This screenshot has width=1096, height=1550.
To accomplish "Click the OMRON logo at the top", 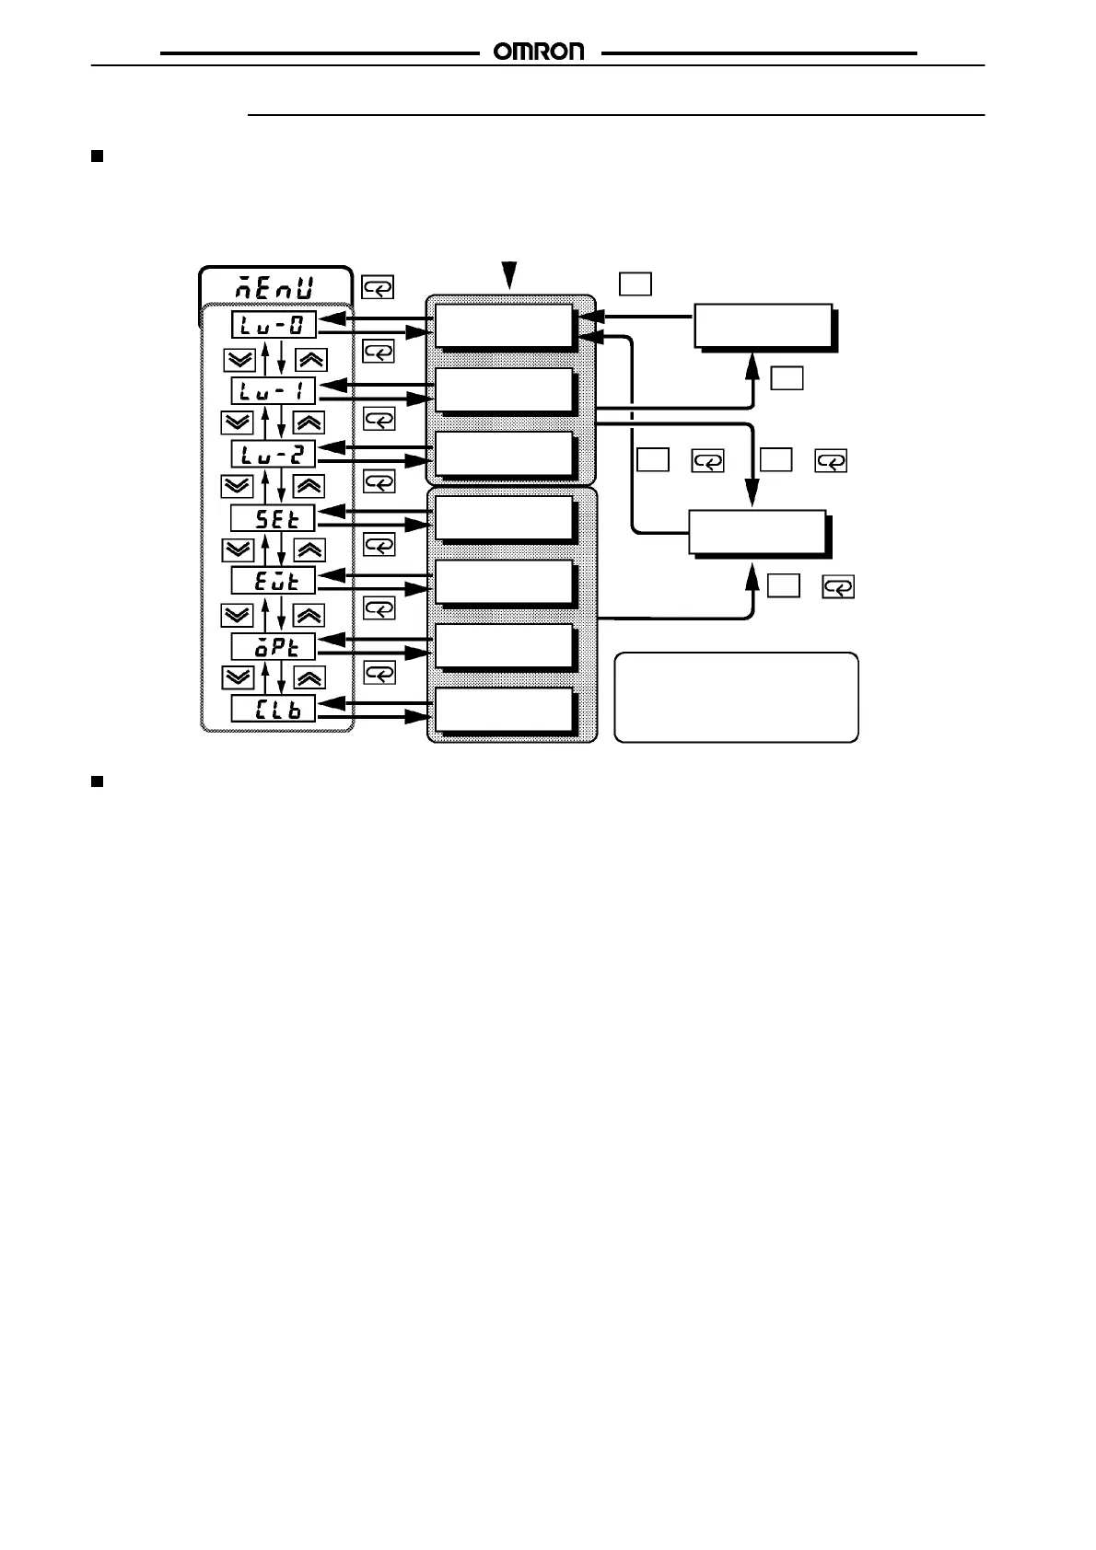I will click(x=540, y=52).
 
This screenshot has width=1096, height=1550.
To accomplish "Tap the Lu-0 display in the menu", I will click(x=273, y=325).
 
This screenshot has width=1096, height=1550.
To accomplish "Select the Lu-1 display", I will click(x=273, y=390).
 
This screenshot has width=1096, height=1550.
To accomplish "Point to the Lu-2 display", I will click(x=273, y=454).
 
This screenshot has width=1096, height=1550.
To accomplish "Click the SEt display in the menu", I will click(x=273, y=518).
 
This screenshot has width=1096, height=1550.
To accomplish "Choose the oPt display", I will click(x=273, y=645).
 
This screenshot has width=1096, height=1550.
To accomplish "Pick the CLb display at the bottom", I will click(x=273, y=709).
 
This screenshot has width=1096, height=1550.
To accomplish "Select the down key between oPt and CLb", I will click(x=238, y=677).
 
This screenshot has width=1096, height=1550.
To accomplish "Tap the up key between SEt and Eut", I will click(x=309, y=549).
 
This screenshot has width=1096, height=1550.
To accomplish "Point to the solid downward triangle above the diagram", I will click(x=509, y=273).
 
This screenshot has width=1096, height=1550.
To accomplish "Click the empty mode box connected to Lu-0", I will click(x=503, y=325).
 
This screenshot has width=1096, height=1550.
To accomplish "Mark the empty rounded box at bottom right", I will click(x=736, y=697).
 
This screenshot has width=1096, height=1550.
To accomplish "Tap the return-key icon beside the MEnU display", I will click(x=378, y=288).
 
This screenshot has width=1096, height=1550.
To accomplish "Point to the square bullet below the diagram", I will click(x=96, y=781).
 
